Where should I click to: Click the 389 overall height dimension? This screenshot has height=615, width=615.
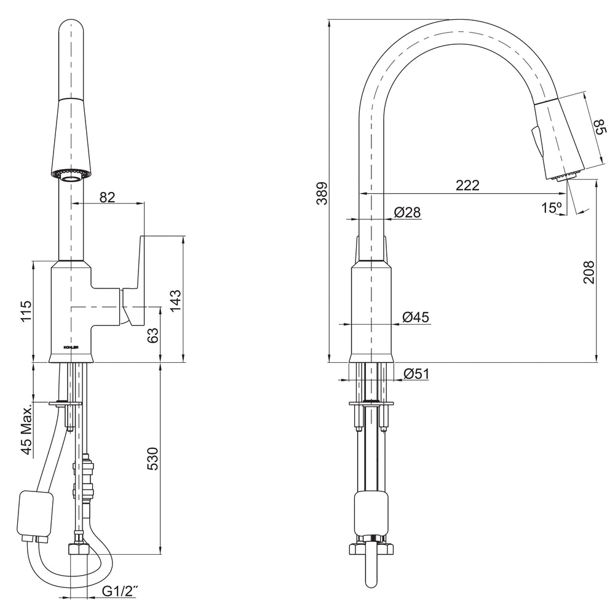coord(322,193)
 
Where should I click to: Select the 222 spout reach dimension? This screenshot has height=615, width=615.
coord(467,185)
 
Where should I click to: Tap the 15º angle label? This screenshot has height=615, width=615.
coord(552,207)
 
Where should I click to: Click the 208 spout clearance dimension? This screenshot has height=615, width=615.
coord(589,272)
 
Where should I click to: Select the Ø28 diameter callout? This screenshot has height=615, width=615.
coord(408,212)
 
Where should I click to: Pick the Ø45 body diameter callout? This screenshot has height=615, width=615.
coord(416,317)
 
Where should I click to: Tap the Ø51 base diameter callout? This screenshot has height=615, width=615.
coord(416,374)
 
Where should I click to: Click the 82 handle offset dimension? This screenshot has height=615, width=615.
coord(107,197)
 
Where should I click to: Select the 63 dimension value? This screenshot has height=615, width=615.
coord(153,335)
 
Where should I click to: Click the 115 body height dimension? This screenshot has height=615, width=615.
coord(26,311)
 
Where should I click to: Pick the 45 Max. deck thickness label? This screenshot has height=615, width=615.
coord(26,430)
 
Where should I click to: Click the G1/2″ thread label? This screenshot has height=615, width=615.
coord(121,590)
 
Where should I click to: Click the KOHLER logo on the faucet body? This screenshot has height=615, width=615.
coord(71,347)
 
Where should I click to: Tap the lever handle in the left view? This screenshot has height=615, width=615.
coord(133,280)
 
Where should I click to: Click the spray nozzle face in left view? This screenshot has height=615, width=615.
coord(71,176)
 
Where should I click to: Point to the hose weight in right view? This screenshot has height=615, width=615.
coord(371,514)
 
